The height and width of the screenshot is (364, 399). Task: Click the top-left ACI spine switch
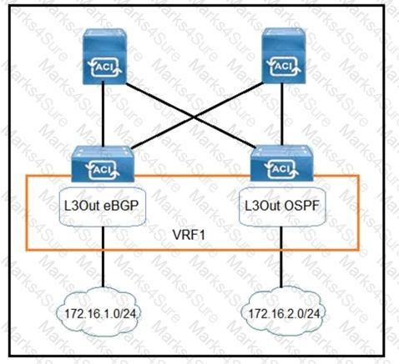104,56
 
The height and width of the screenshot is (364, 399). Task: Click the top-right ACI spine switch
284,56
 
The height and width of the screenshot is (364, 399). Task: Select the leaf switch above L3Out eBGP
103,164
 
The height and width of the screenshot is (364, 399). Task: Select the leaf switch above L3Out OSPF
282,163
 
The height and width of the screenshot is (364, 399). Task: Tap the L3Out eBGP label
101,206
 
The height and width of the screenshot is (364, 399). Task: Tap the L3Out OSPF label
282,206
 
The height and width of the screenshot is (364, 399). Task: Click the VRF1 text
189,235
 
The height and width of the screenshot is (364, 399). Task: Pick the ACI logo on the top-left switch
104,67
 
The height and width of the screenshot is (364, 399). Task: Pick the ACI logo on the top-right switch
284,67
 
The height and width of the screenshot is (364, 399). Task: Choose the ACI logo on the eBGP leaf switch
103,169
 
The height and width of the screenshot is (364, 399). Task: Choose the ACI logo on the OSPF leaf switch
282,169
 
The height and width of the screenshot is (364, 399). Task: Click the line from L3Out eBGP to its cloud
103,257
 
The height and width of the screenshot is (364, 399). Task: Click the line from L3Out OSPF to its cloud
281,257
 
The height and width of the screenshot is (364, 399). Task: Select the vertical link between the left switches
103,114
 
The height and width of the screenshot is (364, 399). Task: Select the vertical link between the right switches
282,114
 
